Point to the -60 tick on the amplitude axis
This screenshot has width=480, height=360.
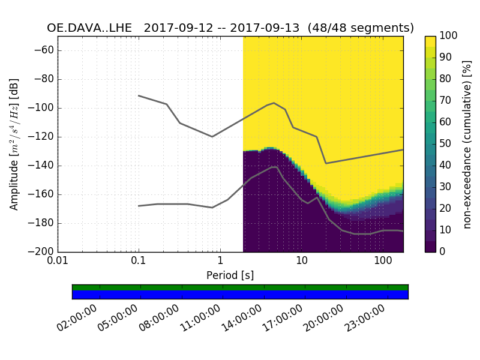(44, 50)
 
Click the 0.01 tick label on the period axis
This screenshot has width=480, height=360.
(58, 262)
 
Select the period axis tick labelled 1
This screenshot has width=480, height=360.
(220, 262)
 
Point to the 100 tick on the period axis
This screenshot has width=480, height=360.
(383, 262)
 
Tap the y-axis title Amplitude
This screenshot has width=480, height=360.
(14, 144)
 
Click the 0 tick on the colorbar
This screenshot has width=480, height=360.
(444, 252)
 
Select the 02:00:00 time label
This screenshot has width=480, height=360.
(77, 319)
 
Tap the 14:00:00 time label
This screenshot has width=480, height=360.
(242, 319)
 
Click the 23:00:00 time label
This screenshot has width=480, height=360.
(365, 319)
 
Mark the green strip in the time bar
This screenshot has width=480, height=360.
(240, 287)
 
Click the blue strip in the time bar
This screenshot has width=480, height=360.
(240, 295)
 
